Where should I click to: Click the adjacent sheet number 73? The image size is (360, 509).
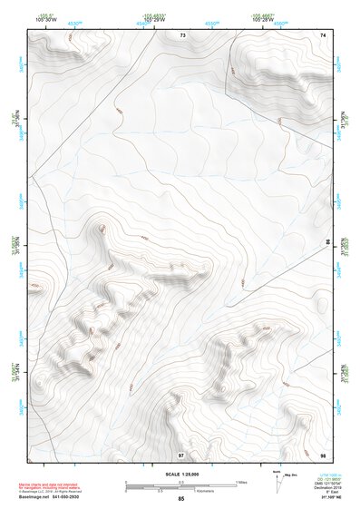[x=182, y=34]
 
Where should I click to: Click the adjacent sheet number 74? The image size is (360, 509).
[x=323, y=34]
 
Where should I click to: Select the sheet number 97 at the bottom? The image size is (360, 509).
[x=181, y=455]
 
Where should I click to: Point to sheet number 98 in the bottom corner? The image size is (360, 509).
[x=323, y=455]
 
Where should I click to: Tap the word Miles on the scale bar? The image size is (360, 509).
[x=242, y=481]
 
